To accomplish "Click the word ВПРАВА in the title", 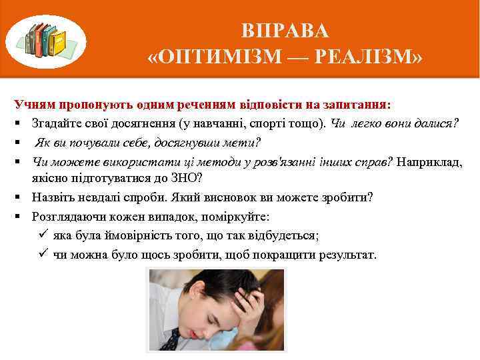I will coord(285,31).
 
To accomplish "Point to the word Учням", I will coord(35,105).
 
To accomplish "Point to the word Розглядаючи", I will coord(65,217).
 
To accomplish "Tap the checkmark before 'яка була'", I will coord(42,235).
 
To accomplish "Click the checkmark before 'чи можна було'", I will coord(42,254).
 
